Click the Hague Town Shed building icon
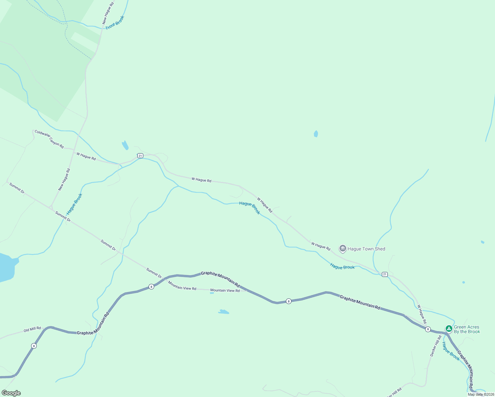[342, 248]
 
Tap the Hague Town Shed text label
[366, 249]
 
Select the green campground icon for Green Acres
[449, 329]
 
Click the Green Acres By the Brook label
[467, 329]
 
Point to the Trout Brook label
[115, 23]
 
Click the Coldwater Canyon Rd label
[49, 139]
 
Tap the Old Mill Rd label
[32, 330]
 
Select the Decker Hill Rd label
[435, 346]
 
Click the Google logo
[11, 393]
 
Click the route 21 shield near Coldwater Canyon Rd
[140, 155]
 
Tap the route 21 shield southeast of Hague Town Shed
[384, 274]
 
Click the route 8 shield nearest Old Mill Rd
[34, 346]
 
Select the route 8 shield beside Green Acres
[428, 329]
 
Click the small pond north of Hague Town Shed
[316, 134]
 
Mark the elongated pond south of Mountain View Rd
[224, 312]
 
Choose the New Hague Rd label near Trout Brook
[108, 13]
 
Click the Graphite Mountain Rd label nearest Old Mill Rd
[93, 325]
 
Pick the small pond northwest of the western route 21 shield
[125, 145]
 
